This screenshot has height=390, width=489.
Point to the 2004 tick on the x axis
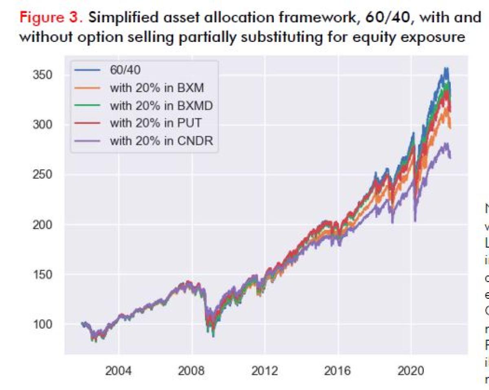point(118,371)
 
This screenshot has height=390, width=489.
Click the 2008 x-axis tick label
point(192,371)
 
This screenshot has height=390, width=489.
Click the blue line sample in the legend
point(87,70)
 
